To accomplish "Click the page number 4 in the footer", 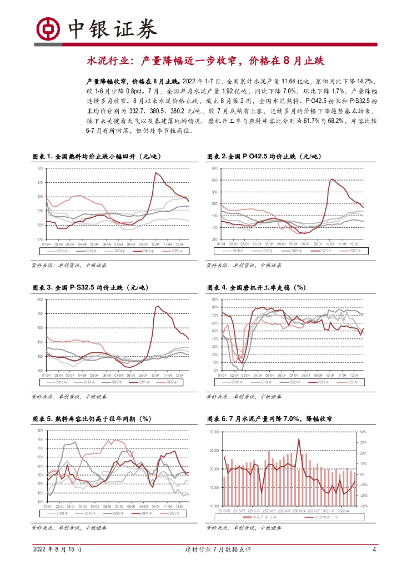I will coord(374,550).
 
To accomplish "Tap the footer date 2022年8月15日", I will coord(60,550).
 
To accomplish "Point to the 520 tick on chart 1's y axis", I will coord(39,168).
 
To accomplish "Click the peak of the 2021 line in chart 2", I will coord(332,179).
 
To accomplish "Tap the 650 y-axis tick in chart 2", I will coord(215,168).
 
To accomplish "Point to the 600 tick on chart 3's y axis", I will coord(39,300).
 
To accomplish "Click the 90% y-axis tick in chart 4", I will coord(215,300).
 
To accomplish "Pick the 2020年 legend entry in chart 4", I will coord(294,383).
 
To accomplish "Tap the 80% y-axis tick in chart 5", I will coord(39,431).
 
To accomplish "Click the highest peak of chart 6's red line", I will coord(299,439).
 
